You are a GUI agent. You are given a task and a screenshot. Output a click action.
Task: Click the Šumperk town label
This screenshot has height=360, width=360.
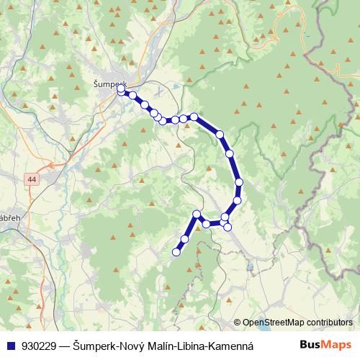[109, 83]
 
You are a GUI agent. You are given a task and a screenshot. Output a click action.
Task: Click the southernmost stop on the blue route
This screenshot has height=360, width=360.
[176, 252]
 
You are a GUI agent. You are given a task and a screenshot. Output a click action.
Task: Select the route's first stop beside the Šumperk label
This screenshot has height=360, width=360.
[121, 89]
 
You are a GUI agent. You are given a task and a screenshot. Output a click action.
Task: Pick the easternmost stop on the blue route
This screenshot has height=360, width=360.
[239, 182]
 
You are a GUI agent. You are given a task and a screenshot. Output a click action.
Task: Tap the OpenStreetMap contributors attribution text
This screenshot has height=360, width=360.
[297, 322]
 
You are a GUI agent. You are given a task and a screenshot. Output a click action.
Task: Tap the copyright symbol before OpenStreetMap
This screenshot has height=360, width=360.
[237, 322]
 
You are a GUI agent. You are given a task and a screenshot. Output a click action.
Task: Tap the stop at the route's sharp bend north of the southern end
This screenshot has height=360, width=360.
[197, 214]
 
